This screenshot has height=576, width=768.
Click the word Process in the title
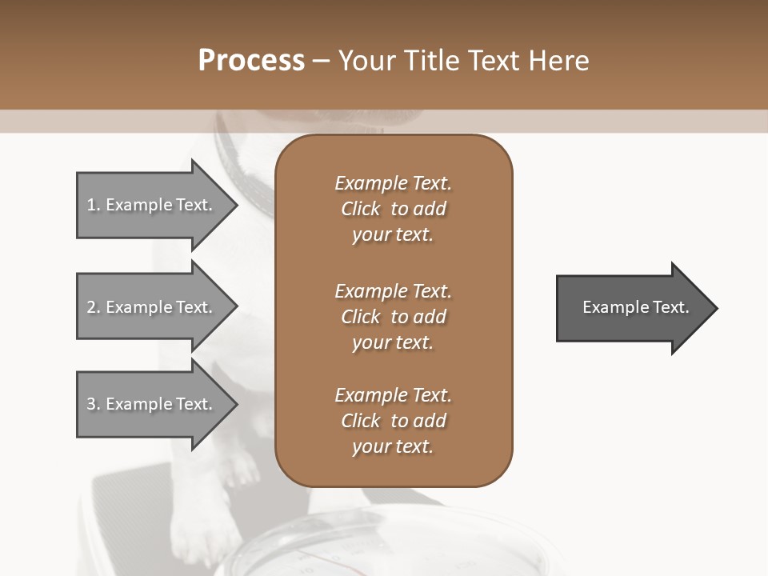pyautogui.click(x=251, y=61)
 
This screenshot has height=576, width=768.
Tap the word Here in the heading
pyautogui.click(x=558, y=61)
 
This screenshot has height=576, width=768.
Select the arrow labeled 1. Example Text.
pyautogui.click(x=152, y=205)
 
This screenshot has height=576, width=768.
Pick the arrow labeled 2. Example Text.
pyautogui.click(x=152, y=307)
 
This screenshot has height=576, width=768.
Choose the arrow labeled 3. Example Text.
pyautogui.click(x=152, y=404)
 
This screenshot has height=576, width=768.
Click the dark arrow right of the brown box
pyautogui.click(x=632, y=308)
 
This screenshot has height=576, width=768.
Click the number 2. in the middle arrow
pyautogui.click(x=94, y=307)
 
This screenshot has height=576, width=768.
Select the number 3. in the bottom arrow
pyautogui.click(x=94, y=404)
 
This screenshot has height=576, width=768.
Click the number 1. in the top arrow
pyautogui.click(x=94, y=205)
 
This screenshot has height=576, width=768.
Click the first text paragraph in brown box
pyautogui.click(x=393, y=209)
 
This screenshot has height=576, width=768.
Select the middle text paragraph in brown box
pyautogui.click(x=393, y=317)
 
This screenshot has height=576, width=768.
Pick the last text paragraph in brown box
pyautogui.click(x=393, y=421)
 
